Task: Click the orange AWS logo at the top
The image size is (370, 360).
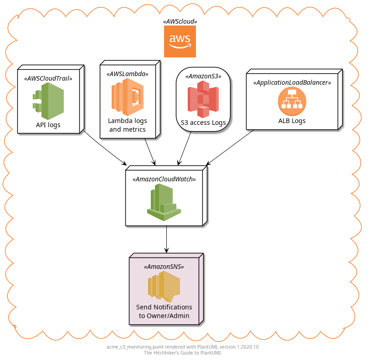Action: (x=180, y=41)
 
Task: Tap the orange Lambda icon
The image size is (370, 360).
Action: (x=128, y=97)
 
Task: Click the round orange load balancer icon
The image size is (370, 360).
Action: (x=292, y=101)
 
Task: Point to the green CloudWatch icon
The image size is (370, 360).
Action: (x=164, y=202)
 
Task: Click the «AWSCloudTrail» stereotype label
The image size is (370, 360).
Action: (x=48, y=78)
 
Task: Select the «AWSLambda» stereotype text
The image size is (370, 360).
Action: (x=128, y=73)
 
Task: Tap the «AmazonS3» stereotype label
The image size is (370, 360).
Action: (x=203, y=76)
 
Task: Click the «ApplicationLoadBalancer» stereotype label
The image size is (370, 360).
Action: (x=292, y=82)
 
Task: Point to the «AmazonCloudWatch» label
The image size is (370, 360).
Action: (x=164, y=179)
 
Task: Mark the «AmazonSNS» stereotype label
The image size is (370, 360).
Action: (x=164, y=267)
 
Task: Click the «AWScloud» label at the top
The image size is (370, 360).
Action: (x=180, y=21)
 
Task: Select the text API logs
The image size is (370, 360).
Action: (x=48, y=125)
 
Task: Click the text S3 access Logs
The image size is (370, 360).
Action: (x=203, y=123)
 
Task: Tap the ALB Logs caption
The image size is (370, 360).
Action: (x=292, y=121)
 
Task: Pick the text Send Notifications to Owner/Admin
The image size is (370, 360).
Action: (x=164, y=311)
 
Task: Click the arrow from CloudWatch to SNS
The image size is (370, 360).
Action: (x=166, y=239)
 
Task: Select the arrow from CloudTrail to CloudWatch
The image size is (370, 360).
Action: (x=104, y=149)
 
